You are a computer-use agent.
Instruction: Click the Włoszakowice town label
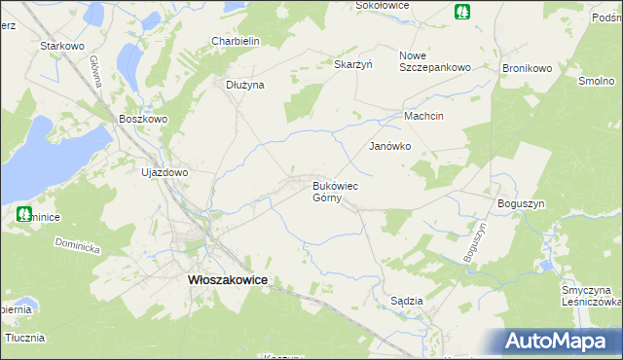[226, 279]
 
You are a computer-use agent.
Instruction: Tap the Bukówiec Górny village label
[336, 191]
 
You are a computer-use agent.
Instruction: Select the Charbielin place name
[235, 41]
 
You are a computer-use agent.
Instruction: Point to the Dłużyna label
[245, 85]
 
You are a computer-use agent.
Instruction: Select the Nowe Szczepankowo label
[435, 61]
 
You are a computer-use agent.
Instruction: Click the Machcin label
[424, 116]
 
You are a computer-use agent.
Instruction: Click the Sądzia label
[406, 301]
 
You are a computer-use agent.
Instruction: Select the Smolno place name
[595, 82]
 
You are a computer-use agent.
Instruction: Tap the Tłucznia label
[25, 338]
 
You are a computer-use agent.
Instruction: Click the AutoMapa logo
[562, 341]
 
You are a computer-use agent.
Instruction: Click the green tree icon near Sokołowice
[460, 12]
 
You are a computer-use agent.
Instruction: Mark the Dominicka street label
[79, 247]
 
